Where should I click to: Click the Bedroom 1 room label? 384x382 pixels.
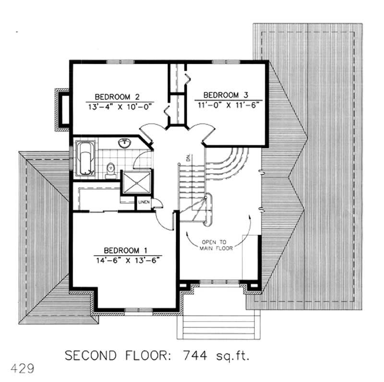click(x=125, y=251)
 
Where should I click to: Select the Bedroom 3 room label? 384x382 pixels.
click(x=225, y=94)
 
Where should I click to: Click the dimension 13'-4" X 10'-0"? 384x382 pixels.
click(x=116, y=107)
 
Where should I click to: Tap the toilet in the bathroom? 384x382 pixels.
click(x=110, y=169)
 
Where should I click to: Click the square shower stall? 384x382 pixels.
click(x=134, y=183)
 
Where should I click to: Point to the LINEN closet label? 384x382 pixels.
click(x=144, y=203)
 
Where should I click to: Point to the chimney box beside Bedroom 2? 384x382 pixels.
click(x=62, y=109)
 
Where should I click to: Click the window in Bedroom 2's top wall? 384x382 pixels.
click(x=113, y=62)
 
